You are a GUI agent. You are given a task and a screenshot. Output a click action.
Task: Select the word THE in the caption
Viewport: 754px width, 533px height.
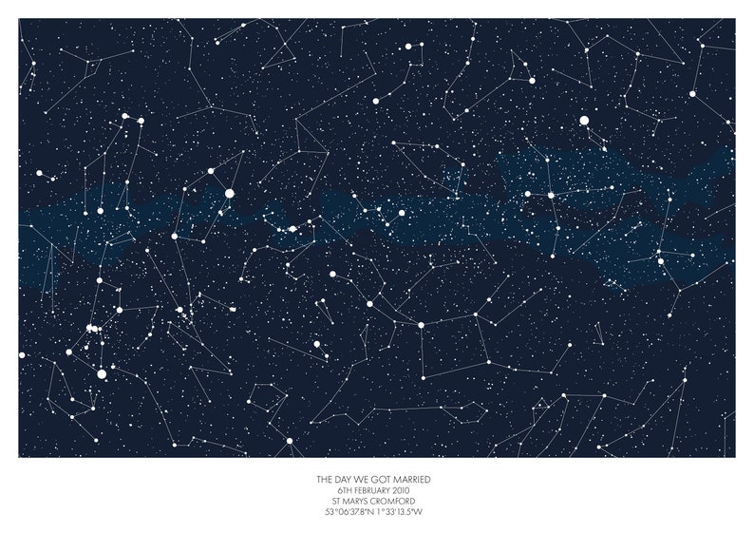(x=325, y=480)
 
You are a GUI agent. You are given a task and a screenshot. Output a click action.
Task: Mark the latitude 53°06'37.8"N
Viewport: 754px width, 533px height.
(x=349, y=512)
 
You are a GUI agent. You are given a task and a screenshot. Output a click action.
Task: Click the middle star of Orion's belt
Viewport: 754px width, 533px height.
(x=94, y=329)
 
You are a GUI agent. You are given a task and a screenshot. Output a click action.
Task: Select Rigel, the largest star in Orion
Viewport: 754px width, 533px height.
(x=102, y=373)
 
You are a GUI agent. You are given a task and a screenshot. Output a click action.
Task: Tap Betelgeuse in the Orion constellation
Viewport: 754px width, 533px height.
(x=100, y=280)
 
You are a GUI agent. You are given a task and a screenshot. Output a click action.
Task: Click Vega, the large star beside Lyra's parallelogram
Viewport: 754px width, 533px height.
(x=584, y=121)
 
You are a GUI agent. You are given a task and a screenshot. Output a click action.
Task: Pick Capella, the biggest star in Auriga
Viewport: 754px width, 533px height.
(x=229, y=193)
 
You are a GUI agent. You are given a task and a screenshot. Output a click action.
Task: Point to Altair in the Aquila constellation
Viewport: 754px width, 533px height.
(x=661, y=260)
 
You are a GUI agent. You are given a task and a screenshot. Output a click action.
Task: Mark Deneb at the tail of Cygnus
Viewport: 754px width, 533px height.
(x=551, y=195)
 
